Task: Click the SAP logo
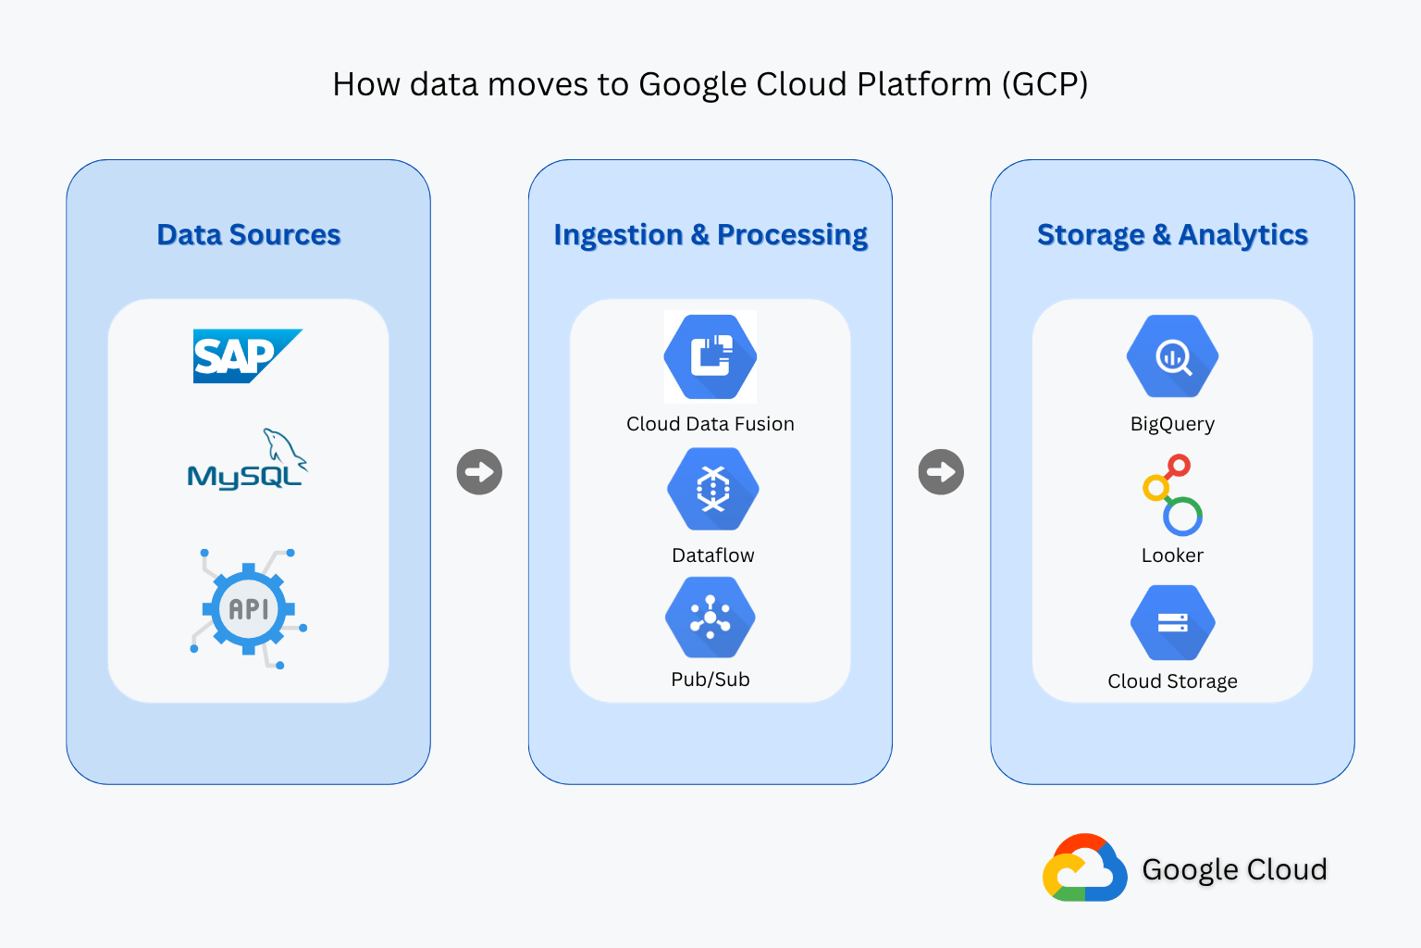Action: tap(245, 356)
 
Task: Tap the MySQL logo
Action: tap(247, 460)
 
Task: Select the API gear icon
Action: tap(249, 609)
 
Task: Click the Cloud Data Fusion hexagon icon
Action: tap(710, 357)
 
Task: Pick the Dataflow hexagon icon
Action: tap(712, 489)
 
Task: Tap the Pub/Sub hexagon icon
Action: tap(710, 617)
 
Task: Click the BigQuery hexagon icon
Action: tap(1172, 356)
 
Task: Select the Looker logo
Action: tap(1172, 495)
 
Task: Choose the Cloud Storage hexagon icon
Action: tap(1172, 623)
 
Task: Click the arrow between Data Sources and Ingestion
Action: tap(479, 472)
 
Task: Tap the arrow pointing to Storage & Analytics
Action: tap(941, 472)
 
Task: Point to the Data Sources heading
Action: tap(249, 235)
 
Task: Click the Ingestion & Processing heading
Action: tap(710, 235)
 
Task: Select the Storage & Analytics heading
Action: tap(1172, 235)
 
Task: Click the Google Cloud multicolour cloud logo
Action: tap(1084, 868)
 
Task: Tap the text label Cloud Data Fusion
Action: tap(710, 424)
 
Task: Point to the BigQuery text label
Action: tap(1172, 424)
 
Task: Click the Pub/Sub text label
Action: tap(710, 680)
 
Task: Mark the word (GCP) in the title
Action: tap(1044, 84)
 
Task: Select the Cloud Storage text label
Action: tap(1172, 681)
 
